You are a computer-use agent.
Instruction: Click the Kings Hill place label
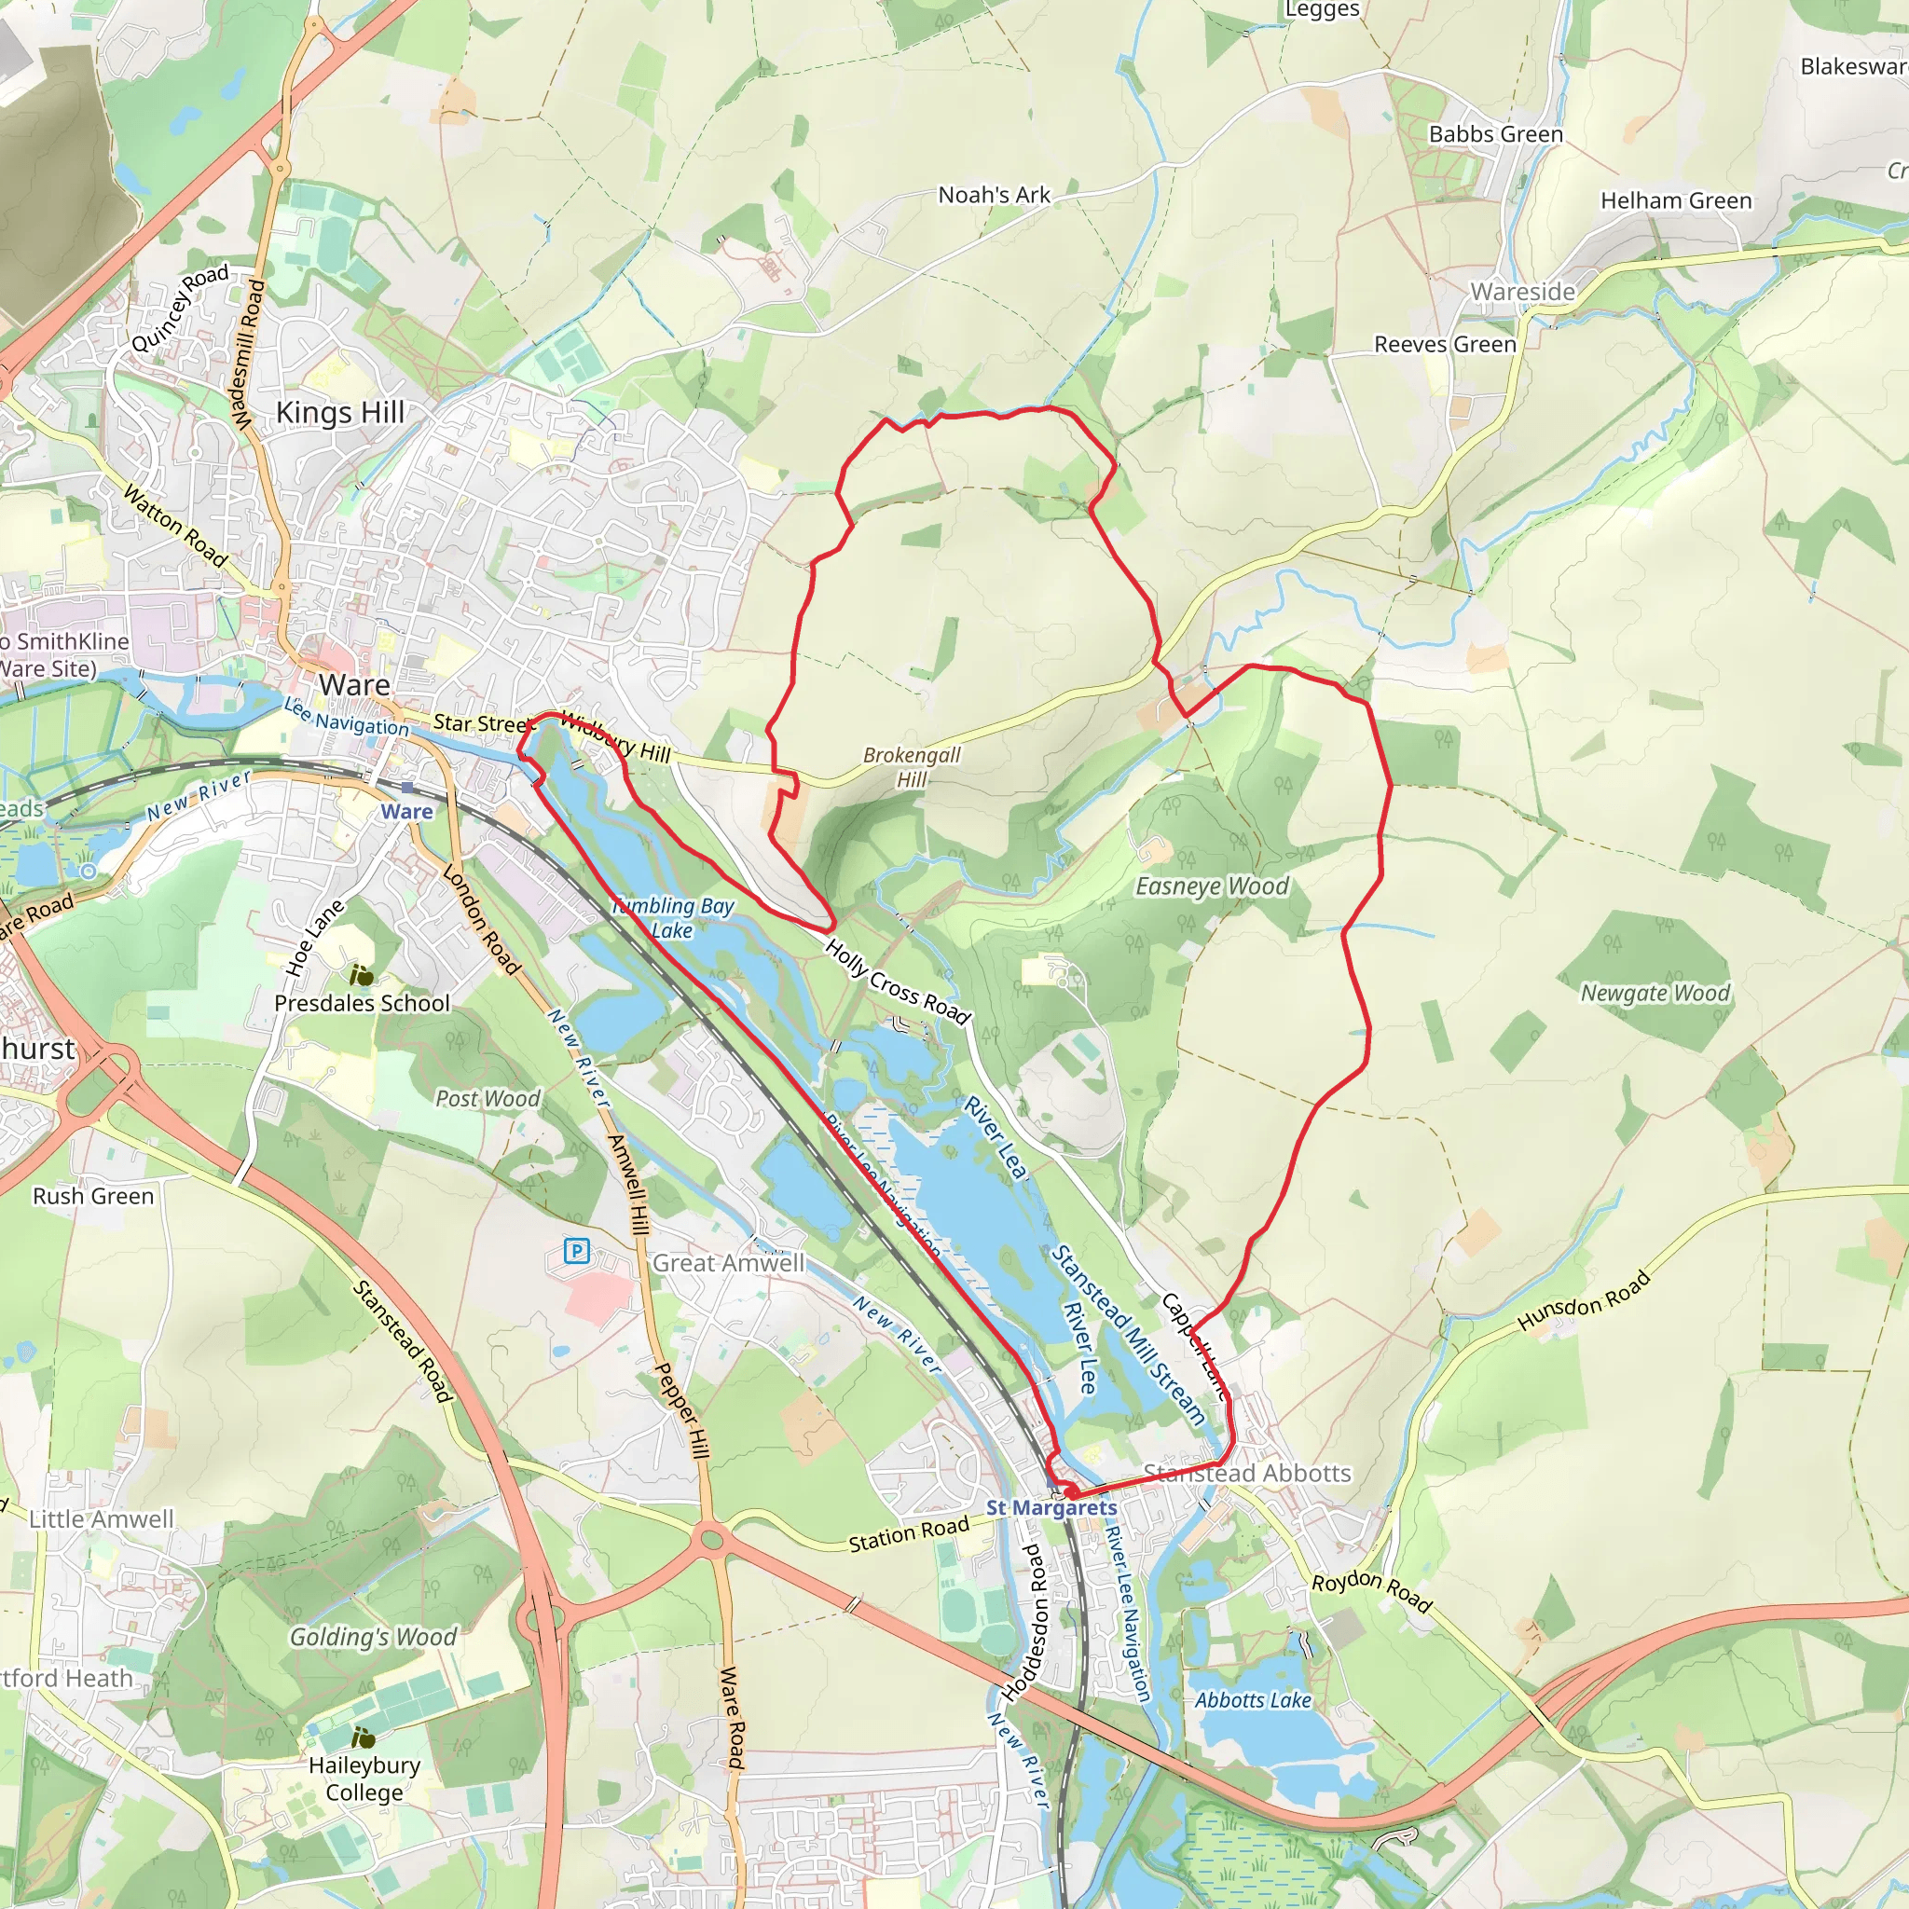(x=340, y=412)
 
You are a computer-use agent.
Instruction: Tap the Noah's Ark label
(x=994, y=195)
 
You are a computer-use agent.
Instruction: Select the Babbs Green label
(x=1495, y=133)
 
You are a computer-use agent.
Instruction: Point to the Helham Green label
(x=1676, y=200)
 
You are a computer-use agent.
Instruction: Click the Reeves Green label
(x=1445, y=344)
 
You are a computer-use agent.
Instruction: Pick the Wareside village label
(x=1523, y=292)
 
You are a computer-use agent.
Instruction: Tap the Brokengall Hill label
(x=911, y=767)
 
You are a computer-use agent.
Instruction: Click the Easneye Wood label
(x=1212, y=886)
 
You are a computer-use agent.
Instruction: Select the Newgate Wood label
(x=1655, y=993)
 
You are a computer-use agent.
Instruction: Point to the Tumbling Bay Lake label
(x=673, y=918)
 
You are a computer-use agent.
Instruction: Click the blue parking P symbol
(x=576, y=1252)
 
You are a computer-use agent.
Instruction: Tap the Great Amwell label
(x=728, y=1263)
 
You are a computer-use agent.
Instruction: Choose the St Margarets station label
(x=1051, y=1508)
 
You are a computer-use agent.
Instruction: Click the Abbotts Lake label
(x=1253, y=1700)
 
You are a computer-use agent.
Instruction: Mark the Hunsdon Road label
(x=1584, y=1299)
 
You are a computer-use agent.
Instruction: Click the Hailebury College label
(x=364, y=1779)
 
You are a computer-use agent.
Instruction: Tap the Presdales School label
(x=362, y=1003)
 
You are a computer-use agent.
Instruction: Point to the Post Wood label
(x=488, y=1099)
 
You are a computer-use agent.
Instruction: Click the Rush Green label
(x=94, y=1196)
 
